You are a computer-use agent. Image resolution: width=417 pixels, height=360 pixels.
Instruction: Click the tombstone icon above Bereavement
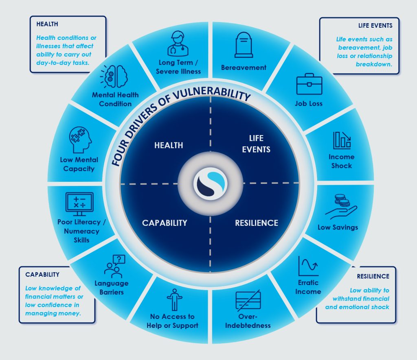244,45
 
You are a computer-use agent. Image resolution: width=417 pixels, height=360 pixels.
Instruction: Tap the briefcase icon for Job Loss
309,84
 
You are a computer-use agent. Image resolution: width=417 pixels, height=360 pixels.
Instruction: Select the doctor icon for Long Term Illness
178,44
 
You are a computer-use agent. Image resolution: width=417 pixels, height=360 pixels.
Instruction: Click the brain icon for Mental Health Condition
114,76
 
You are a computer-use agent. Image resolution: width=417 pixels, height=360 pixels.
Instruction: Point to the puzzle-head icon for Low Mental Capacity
80,140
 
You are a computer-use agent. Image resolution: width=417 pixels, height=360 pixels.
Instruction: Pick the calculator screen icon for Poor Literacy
79,204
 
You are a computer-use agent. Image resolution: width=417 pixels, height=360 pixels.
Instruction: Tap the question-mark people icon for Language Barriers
114,266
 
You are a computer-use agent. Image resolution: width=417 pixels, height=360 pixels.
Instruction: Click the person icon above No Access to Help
174,300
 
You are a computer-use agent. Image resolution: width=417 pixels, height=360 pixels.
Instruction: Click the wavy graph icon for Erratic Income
308,266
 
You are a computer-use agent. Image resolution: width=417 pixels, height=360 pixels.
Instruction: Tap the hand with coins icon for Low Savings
341,207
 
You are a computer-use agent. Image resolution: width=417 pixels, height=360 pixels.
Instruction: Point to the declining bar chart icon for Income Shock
342,140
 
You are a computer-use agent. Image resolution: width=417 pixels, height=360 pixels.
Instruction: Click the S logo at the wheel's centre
211,183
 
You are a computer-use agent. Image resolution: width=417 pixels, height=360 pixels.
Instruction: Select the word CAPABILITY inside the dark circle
165,223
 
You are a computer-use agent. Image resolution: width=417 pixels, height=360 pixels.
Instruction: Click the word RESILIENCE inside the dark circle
257,223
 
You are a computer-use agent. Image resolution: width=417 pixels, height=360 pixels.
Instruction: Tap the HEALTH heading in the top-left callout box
47,24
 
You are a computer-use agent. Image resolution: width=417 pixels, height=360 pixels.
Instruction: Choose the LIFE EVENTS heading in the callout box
375,26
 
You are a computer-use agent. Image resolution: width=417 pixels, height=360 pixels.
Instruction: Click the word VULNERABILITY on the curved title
212,94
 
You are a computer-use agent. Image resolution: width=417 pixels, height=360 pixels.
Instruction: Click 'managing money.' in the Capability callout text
53,314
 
